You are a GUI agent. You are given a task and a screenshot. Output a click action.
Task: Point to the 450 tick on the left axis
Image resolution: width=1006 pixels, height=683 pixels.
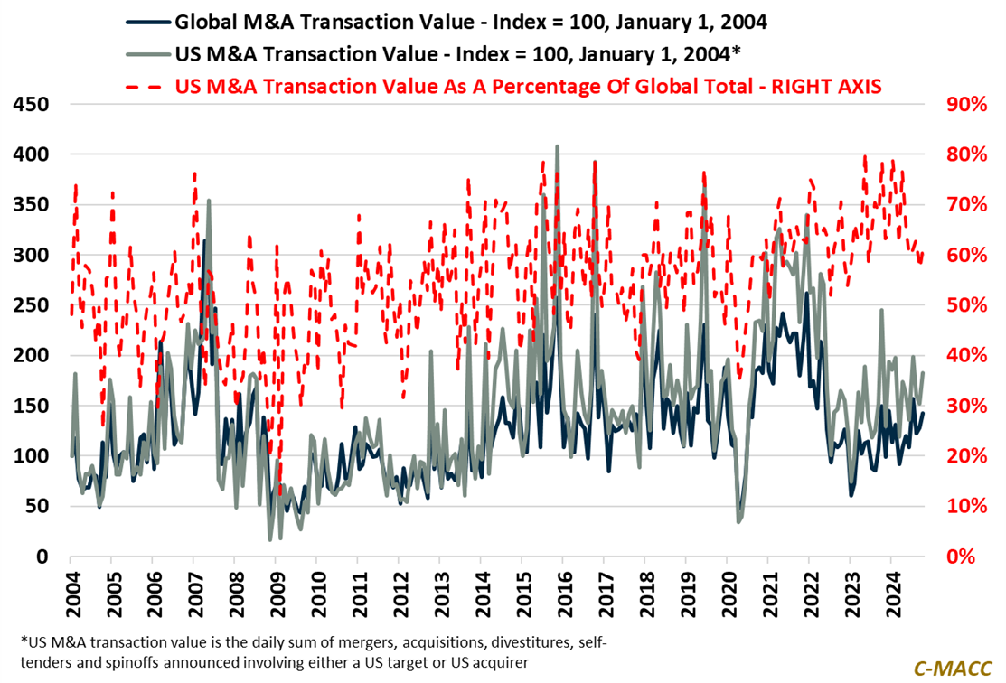(x=33, y=105)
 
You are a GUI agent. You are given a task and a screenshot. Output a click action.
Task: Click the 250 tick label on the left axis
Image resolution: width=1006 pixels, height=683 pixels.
(x=33, y=305)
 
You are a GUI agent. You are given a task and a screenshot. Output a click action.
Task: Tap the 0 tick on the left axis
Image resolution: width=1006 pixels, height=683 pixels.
(x=42, y=557)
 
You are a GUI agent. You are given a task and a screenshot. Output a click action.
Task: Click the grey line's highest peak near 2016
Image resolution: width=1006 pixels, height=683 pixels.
(x=557, y=146)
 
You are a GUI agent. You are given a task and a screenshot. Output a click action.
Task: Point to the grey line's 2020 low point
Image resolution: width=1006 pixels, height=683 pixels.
(x=739, y=522)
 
